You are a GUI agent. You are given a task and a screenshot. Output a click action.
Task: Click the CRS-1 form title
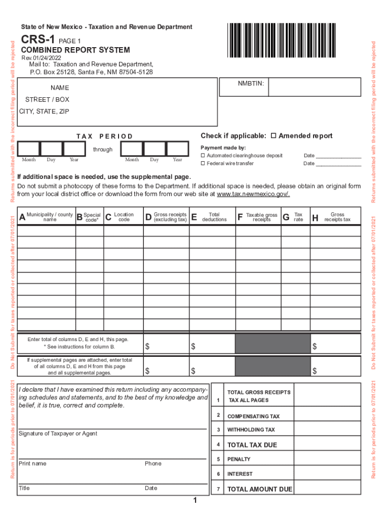tap(38, 40)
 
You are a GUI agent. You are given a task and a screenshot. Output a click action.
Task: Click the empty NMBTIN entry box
tap(314, 87)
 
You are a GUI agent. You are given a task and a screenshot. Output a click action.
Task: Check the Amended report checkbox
tap(274, 136)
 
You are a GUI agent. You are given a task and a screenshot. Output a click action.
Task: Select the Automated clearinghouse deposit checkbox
tap(203, 156)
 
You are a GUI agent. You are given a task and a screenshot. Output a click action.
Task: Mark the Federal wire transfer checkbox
tap(203, 164)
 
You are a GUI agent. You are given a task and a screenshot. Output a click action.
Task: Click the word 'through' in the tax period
tap(103, 150)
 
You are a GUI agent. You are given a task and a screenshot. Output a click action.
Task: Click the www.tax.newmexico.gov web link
tap(253, 194)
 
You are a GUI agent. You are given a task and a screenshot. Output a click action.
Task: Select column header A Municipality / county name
tap(46, 217)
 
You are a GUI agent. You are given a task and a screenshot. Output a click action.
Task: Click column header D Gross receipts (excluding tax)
tap(166, 217)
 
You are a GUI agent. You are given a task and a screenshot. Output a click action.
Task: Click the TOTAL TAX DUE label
tap(252, 445)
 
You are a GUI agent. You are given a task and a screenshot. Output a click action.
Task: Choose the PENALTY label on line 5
tap(239, 459)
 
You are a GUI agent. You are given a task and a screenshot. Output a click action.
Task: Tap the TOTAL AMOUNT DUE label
tap(259, 489)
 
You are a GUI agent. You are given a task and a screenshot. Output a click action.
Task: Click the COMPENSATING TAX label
tap(253, 416)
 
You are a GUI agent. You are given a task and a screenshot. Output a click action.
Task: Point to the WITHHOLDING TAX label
tap(251, 430)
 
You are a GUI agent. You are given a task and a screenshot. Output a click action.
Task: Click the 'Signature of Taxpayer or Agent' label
tap(58, 434)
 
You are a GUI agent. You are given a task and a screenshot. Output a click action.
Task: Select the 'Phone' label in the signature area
tap(153, 463)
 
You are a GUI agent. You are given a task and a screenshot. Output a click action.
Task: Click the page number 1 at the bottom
tap(194, 501)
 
